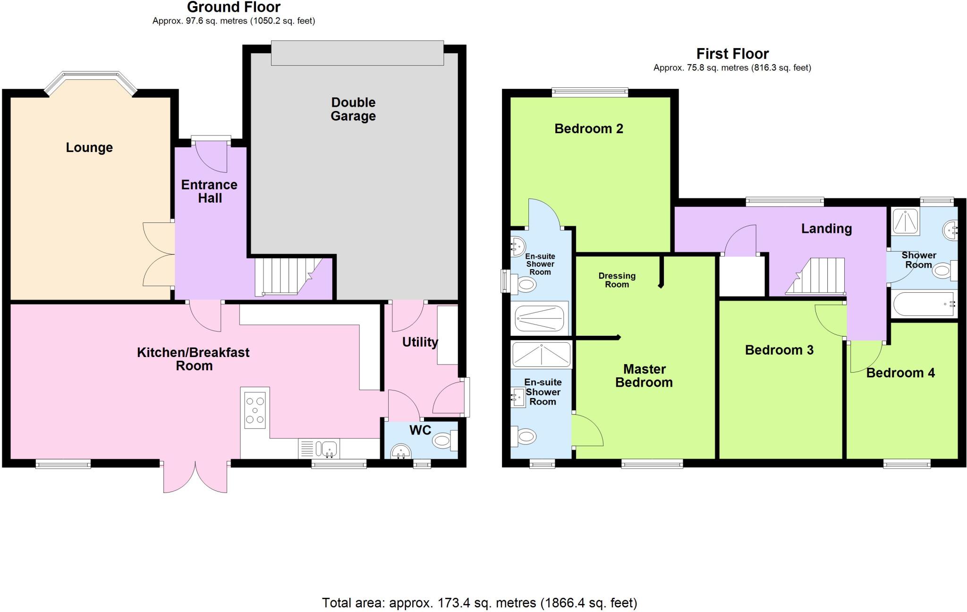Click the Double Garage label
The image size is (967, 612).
(353, 109)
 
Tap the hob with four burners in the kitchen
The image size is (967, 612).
(255, 410)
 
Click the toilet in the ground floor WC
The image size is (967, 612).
(443, 441)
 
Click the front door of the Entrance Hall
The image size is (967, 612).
(212, 157)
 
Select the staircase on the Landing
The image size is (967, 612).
(820, 276)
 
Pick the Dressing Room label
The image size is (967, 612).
(617, 280)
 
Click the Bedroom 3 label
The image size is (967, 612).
(779, 350)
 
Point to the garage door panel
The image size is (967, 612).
(357, 53)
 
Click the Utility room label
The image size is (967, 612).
(420, 342)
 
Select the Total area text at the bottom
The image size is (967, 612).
(479, 603)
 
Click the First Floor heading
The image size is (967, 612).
(732, 53)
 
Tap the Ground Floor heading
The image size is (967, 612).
(234, 7)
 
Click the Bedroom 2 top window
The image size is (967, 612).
(590, 93)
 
